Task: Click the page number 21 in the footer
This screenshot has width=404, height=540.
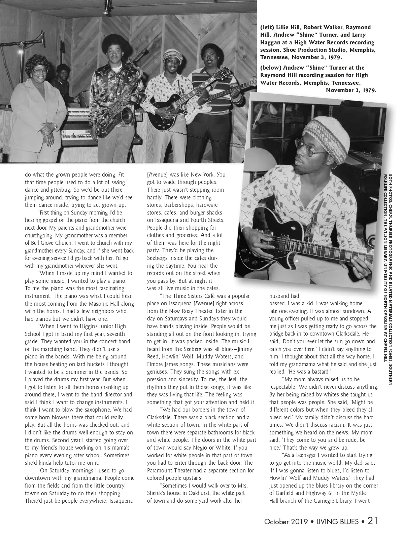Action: point(372,522)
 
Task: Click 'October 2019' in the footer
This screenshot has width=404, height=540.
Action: point(286,522)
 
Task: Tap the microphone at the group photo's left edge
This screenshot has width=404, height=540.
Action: point(43,41)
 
